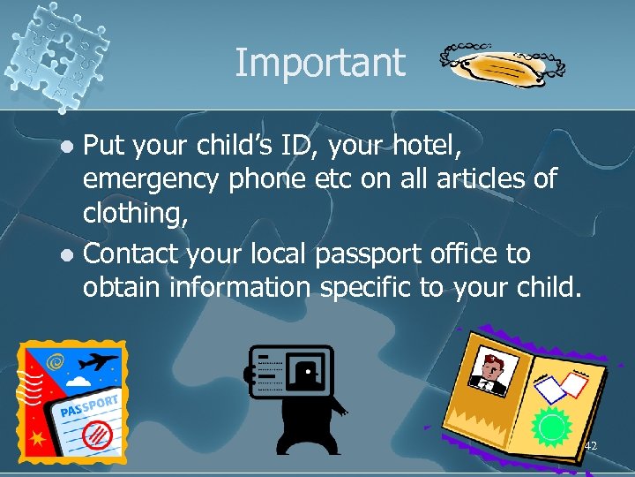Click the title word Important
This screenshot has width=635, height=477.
[x=319, y=63]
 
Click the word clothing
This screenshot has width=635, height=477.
[x=135, y=213]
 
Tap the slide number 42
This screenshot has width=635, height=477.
[x=590, y=446]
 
